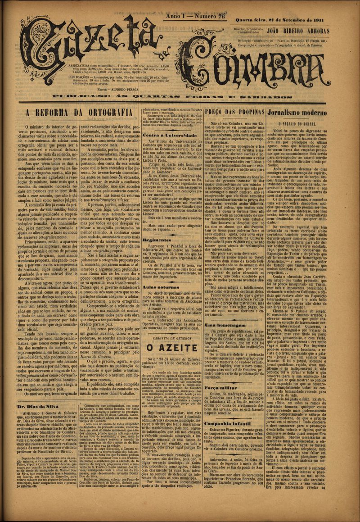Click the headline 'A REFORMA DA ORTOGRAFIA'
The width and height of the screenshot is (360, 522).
pyautogui.click(x=79, y=113)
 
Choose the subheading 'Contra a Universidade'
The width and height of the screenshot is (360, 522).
pyautogui.click(x=164, y=135)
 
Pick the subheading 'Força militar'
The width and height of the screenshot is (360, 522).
pyautogui.click(x=220, y=387)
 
